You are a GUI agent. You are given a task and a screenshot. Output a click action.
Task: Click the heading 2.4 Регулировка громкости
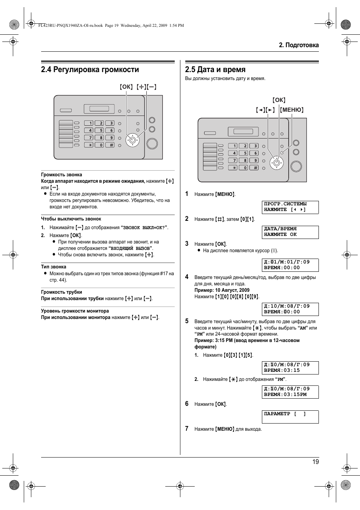click(90, 69)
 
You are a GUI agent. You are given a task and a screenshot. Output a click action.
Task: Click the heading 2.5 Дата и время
click(215, 69)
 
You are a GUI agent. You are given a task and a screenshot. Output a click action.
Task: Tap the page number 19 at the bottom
click(315, 462)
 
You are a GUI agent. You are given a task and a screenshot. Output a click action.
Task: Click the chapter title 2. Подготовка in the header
click(298, 45)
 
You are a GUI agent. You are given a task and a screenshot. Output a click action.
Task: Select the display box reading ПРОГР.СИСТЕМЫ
click(290, 207)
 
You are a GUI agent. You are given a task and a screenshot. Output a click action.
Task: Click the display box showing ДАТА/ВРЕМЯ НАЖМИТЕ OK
click(290, 232)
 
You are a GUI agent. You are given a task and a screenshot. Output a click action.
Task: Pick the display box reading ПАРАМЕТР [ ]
click(290, 416)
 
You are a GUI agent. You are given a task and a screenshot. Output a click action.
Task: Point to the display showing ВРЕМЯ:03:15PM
click(290, 392)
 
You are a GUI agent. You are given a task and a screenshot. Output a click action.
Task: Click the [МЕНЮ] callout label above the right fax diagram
click(292, 110)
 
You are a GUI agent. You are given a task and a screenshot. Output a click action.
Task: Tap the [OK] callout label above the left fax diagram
click(126, 87)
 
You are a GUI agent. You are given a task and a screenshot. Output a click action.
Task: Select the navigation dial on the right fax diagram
click(277, 163)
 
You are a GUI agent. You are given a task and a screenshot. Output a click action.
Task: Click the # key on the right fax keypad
click(255, 168)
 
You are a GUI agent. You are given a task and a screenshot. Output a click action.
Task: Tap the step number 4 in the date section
click(186, 277)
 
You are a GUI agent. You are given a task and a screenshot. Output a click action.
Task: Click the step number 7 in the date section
click(186, 428)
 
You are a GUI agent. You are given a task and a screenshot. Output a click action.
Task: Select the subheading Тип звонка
click(54, 267)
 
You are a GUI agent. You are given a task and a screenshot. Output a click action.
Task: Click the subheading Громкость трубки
click(62, 292)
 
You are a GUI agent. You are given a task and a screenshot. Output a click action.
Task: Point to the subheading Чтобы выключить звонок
click(71, 219)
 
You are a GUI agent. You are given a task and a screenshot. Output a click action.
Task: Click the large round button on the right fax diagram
click(296, 166)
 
